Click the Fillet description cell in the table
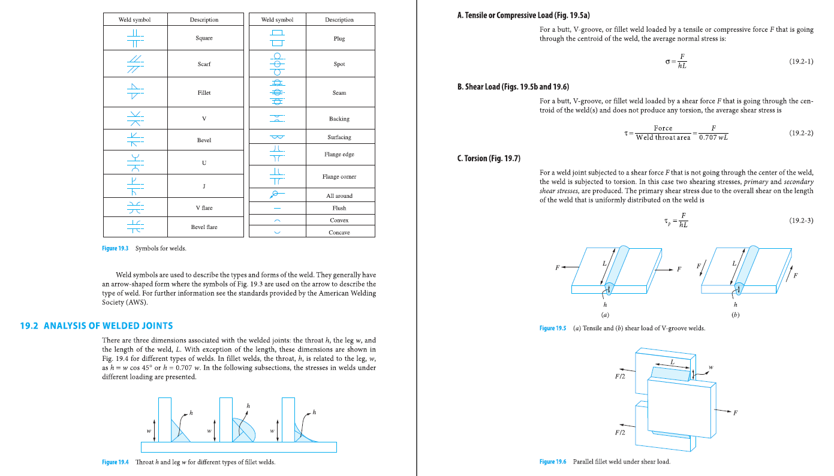tap(204, 93)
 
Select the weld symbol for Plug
tap(276, 38)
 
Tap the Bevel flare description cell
tap(204, 227)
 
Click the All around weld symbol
tap(276, 194)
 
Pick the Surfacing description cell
tap(339, 137)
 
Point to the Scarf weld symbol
tap(135, 64)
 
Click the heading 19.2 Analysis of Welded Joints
tap(97, 326)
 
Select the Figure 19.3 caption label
tap(115, 248)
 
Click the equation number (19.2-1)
tap(801, 61)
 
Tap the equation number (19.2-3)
tap(801, 221)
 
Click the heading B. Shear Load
tap(513, 87)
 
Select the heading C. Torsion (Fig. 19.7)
tap(489, 158)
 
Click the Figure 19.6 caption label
tap(552, 462)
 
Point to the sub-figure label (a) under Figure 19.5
tap(605, 315)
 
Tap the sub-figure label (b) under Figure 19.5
tap(735, 315)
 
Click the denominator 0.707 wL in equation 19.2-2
tap(713, 138)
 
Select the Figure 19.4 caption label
tap(115, 462)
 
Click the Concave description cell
tap(339, 233)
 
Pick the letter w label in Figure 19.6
tap(711, 367)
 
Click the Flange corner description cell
tap(339, 177)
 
